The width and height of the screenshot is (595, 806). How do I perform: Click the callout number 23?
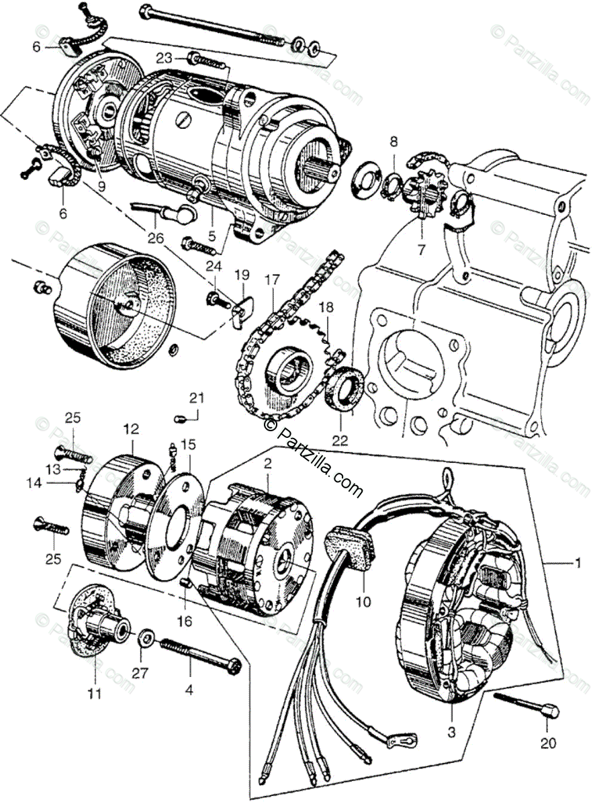coord(165,57)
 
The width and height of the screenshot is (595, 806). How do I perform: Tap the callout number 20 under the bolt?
coord(548,743)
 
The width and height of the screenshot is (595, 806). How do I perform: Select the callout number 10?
coord(363,602)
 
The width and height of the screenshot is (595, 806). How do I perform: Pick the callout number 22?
coord(340,441)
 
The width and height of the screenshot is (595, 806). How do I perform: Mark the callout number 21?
coord(195,398)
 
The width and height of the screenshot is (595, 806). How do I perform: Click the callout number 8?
coord(394,142)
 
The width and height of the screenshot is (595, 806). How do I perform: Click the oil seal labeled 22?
coord(345,392)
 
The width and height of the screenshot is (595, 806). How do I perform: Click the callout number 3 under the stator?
coord(451,733)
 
